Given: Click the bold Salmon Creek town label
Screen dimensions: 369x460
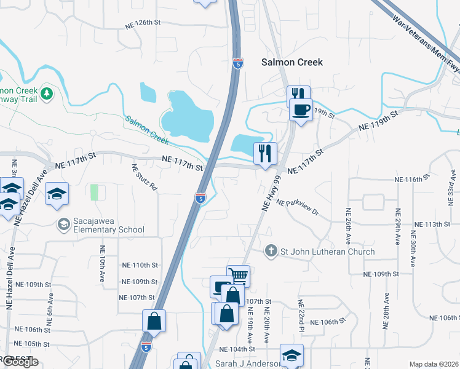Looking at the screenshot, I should coord(292,62).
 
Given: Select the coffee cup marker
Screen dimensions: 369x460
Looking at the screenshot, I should coord(301,110).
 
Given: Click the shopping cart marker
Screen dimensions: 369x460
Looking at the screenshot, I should coord(238,275).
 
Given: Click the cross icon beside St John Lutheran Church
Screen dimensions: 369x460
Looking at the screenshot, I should coord(270,251).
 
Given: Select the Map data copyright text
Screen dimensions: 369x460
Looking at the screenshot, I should coord(434,364).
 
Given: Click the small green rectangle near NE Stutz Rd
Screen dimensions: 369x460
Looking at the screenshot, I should coord(94,192).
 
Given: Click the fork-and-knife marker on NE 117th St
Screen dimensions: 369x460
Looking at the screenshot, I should coord(265,154).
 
